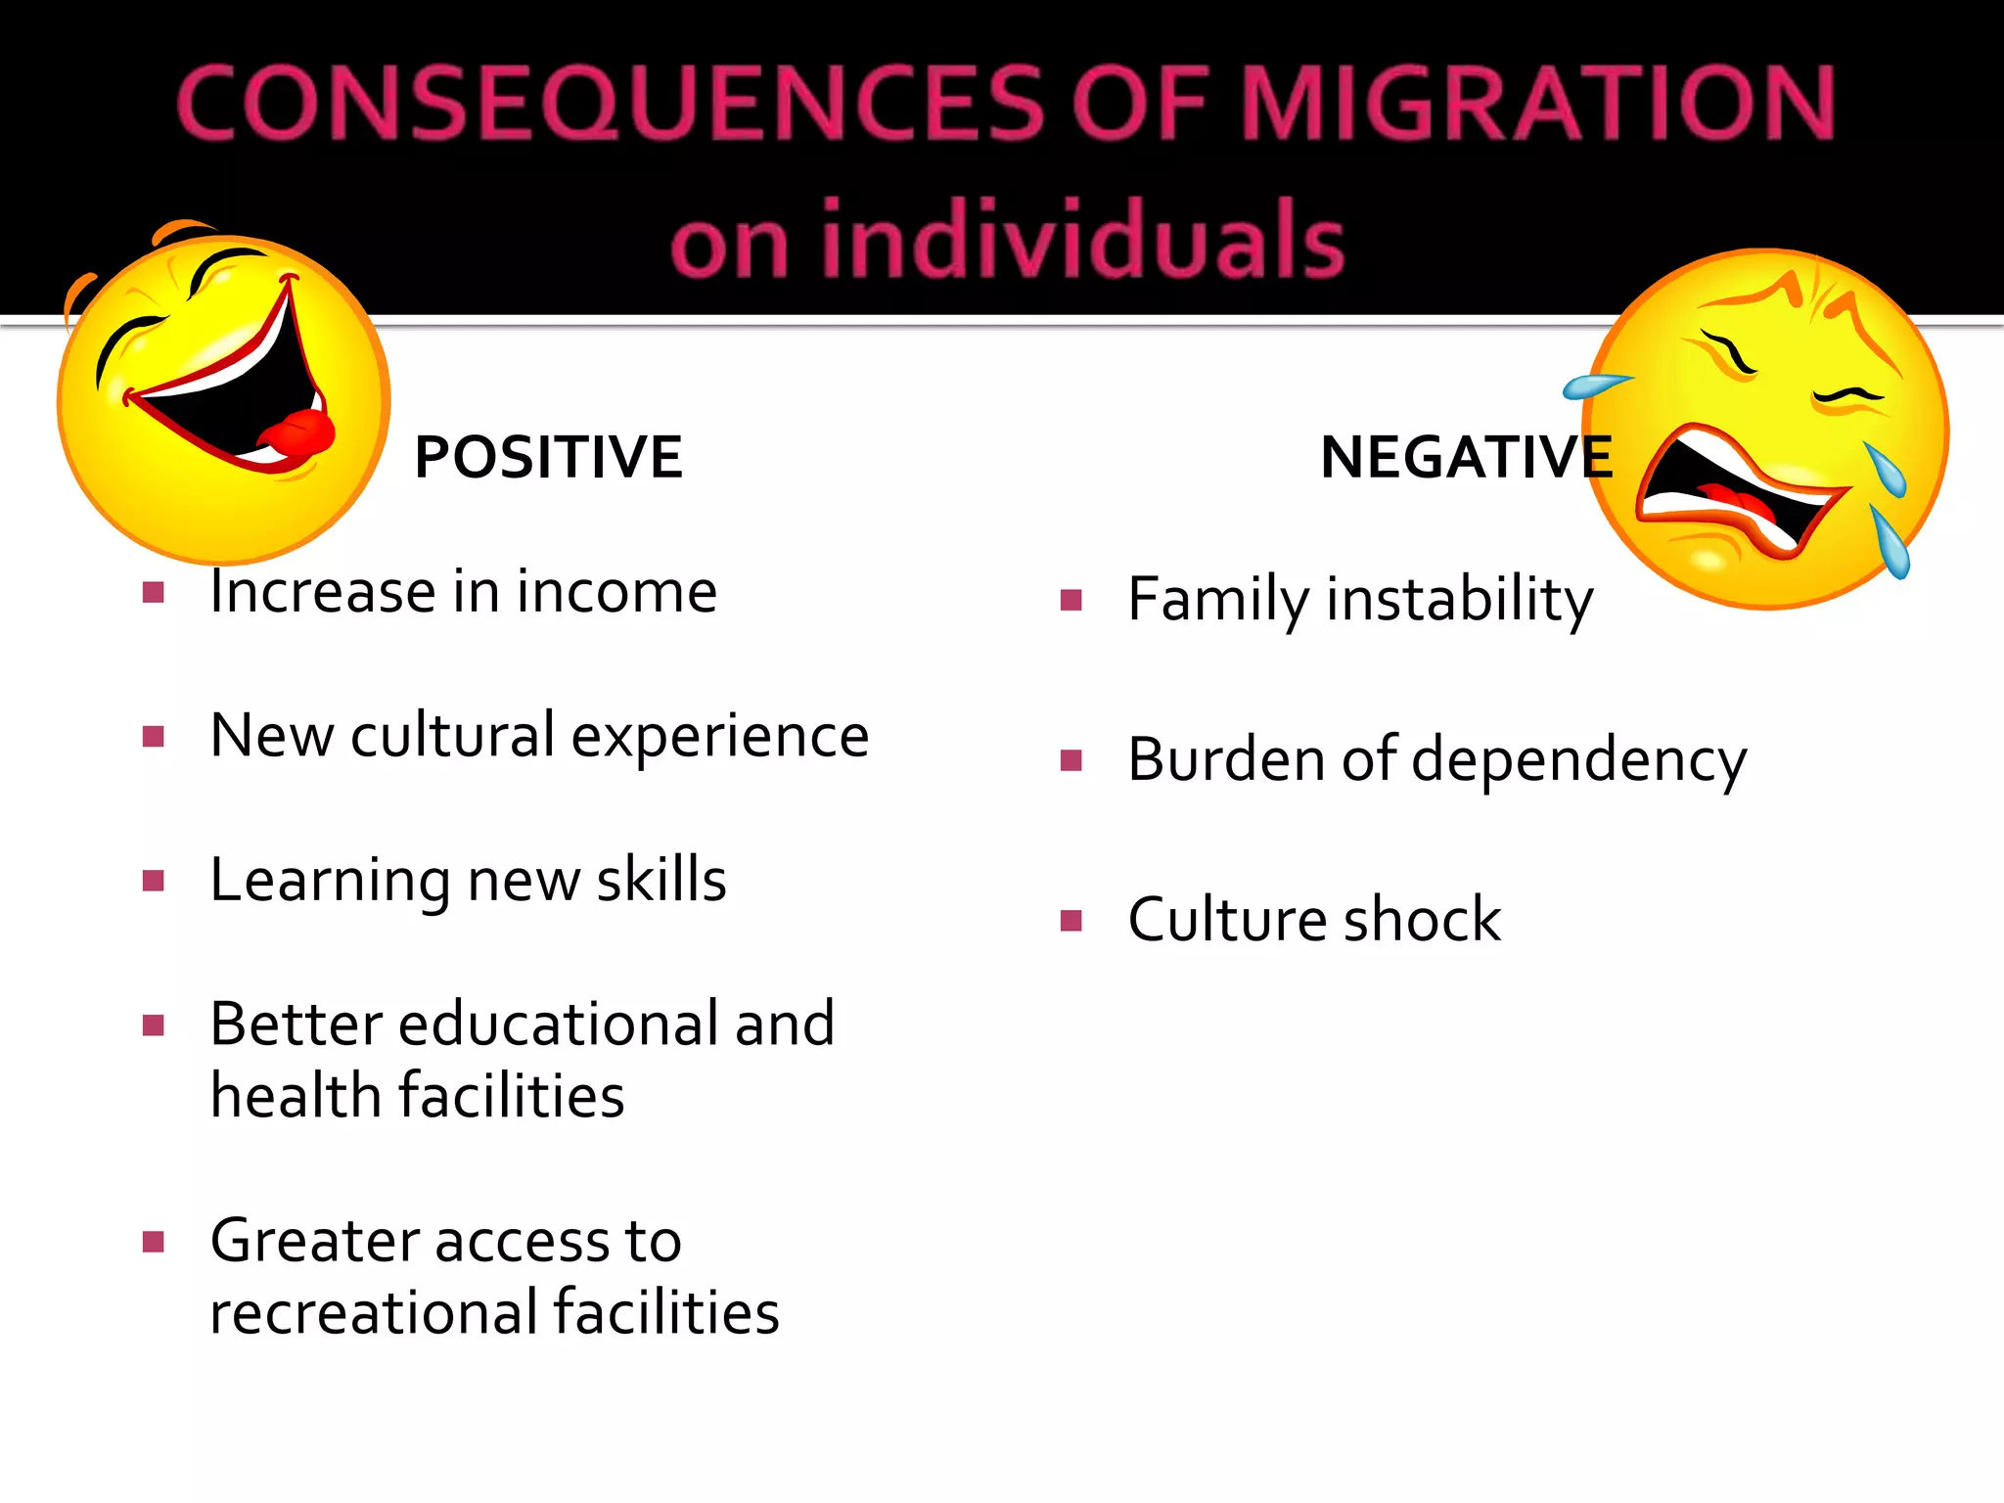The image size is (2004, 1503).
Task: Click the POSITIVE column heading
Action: coord(548,457)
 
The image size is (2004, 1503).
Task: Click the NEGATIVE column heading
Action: coord(1466,457)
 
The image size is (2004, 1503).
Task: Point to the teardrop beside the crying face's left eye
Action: coord(1594,386)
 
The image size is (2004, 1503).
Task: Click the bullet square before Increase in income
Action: coord(153,592)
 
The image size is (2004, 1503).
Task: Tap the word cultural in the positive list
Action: coord(453,736)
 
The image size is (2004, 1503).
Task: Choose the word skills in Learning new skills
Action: coord(661,879)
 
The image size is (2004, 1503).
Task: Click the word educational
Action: coord(557,1024)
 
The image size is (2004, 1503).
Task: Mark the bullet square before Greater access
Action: coord(153,1242)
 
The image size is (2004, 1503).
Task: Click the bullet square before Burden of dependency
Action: coord(1071,760)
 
